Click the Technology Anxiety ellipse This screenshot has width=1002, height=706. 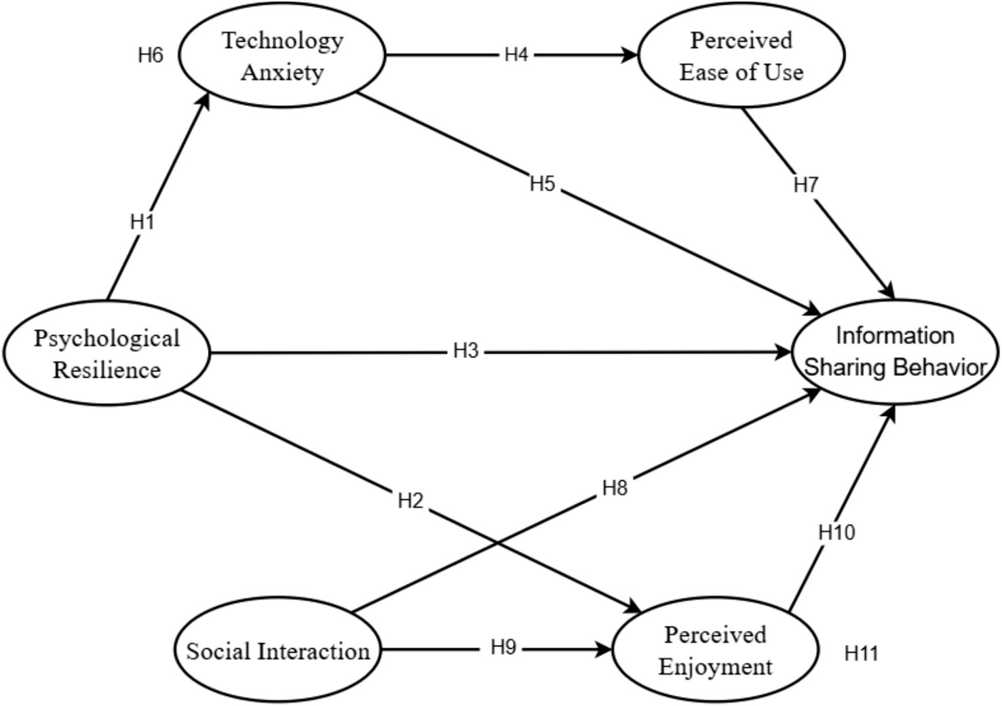pos(282,56)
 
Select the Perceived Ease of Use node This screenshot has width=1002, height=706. pos(741,56)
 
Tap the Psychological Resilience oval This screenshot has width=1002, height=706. pos(107,353)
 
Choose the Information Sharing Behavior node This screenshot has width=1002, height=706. pos(895,352)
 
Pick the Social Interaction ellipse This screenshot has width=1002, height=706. pos(277,650)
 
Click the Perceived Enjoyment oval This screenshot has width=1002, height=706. pos(715,650)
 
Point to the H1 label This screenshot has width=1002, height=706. pos(142,222)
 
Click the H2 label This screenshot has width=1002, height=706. pos(410,501)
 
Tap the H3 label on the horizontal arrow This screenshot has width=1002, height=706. pos(466,351)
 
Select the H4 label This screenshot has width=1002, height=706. pos(516,54)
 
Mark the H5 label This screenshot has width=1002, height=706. pos(543,183)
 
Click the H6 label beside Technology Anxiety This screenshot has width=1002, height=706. pos(151,55)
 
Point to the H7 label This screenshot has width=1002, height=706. pos(806,184)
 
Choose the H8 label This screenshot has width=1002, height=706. pos(615,488)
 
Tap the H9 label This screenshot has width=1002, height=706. pos(503,648)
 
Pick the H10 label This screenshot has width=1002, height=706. pos(836,532)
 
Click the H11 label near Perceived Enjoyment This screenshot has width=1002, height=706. pos(862,653)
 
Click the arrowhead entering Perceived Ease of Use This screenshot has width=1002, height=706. pos(632,55)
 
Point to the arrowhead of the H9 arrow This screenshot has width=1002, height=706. pos(604,650)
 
